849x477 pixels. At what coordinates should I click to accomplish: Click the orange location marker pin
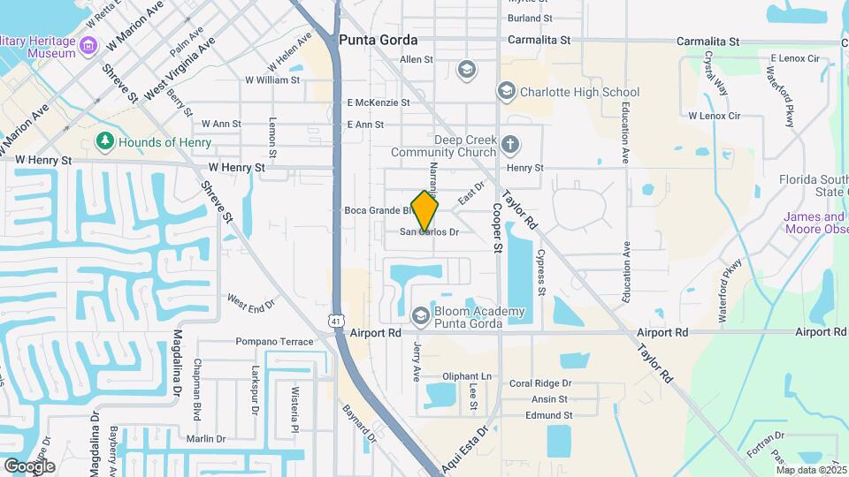pyautogui.click(x=425, y=211)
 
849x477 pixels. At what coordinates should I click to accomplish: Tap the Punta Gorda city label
pyautogui.click(x=378, y=41)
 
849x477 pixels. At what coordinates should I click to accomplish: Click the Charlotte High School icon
pyautogui.click(x=506, y=92)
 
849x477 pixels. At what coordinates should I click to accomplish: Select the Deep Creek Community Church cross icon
pyautogui.click(x=509, y=144)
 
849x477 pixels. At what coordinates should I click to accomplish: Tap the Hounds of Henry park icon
pyautogui.click(x=105, y=142)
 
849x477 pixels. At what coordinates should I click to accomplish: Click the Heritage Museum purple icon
pyautogui.click(x=88, y=45)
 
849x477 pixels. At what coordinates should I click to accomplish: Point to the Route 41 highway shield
pyautogui.click(x=337, y=322)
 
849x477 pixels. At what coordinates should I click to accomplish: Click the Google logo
pyautogui.click(x=29, y=466)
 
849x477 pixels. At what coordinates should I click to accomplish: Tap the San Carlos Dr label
pyautogui.click(x=430, y=232)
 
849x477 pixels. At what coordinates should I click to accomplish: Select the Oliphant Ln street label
pyautogui.click(x=466, y=376)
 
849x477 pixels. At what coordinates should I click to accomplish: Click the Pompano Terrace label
pyautogui.click(x=274, y=342)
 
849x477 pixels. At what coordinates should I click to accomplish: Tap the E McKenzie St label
pyautogui.click(x=379, y=102)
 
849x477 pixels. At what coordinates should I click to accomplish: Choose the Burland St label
pyautogui.click(x=531, y=18)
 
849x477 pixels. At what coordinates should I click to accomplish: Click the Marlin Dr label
pyautogui.click(x=206, y=439)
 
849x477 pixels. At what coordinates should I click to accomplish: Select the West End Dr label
pyautogui.click(x=251, y=304)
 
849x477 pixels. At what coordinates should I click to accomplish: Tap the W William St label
pyautogui.click(x=273, y=80)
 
